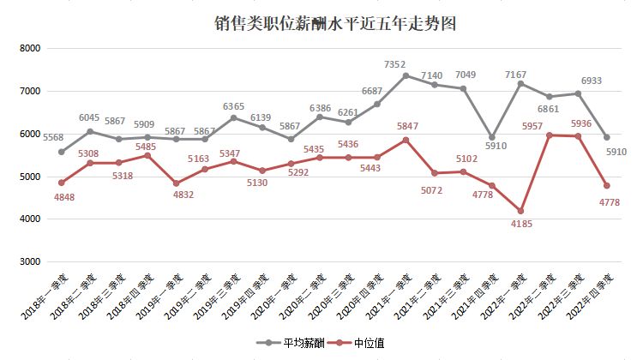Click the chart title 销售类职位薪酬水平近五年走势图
[334, 24]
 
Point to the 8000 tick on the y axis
[30, 49]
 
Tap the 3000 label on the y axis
[30, 262]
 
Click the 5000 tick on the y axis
[30, 177]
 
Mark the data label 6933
[591, 81]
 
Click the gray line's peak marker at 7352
[406, 75]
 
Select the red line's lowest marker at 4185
[520, 211]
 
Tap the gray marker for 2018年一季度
[62, 152]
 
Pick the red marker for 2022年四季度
[607, 186]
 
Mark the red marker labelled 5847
[406, 140]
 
